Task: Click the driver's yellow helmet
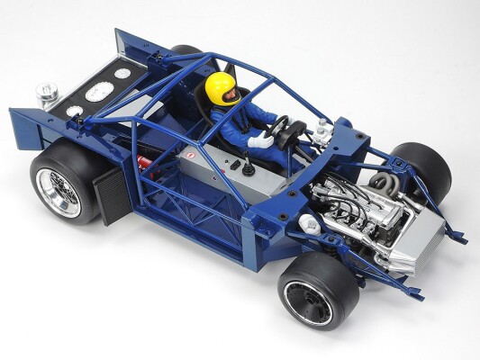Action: click(222, 87)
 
